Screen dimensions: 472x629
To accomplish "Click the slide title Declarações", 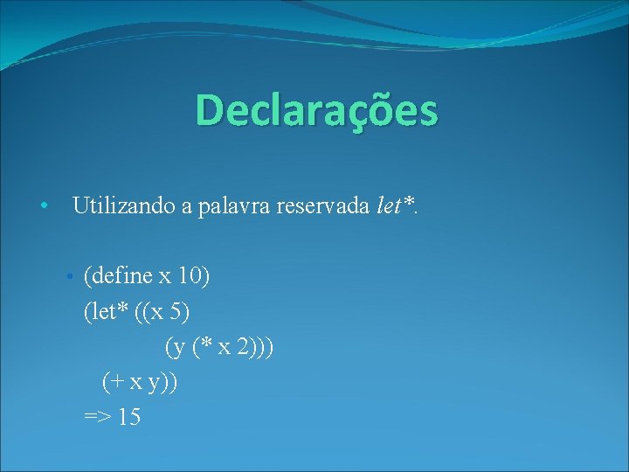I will point(316,111).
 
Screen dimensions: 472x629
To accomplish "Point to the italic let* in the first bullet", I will point(394,206).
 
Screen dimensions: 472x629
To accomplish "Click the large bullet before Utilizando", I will point(43,207).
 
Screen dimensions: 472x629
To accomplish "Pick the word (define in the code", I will point(118,277).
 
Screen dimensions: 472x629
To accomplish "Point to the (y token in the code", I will point(176,347).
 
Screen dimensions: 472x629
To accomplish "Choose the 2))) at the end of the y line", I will point(259,347).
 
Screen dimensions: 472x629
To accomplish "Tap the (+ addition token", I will point(113,382).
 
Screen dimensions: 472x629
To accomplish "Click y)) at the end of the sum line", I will point(166,382).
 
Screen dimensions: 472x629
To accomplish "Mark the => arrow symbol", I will point(98,417).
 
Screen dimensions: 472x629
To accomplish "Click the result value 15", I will point(128,417).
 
